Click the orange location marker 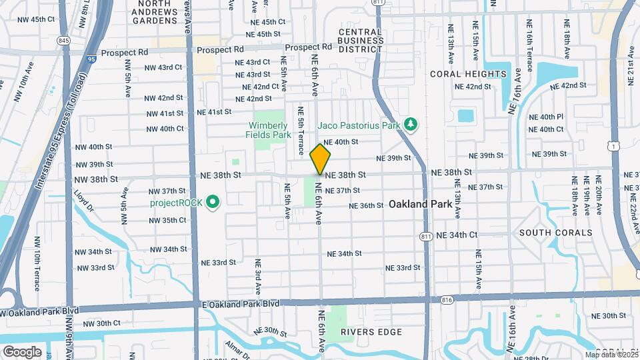click(x=320, y=159)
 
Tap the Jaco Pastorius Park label click(x=360, y=124)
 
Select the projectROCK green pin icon click(x=213, y=201)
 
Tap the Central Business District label click(x=361, y=40)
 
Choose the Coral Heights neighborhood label click(x=468, y=73)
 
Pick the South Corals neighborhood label click(x=555, y=233)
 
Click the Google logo click(x=22, y=351)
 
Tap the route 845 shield click(x=64, y=41)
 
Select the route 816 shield click(x=446, y=301)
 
